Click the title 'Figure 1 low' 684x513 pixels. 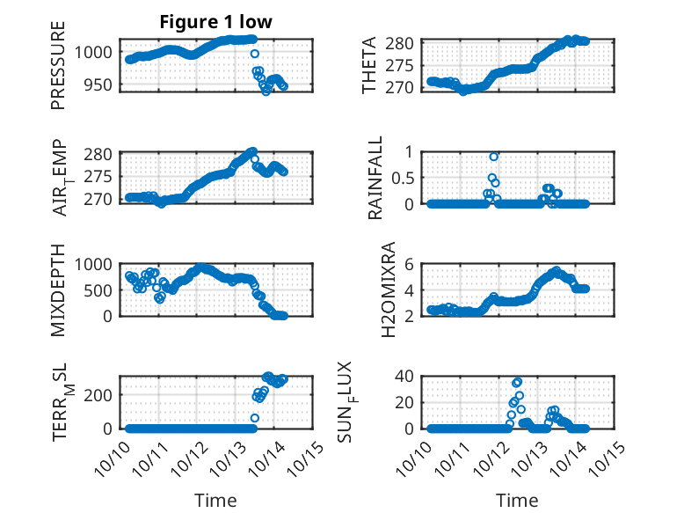point(216,23)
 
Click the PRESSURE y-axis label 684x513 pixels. point(58,71)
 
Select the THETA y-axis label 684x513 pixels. point(369,66)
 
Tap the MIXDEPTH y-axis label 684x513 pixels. point(58,290)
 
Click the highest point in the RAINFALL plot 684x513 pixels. point(494,157)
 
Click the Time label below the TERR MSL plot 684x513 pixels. point(216,500)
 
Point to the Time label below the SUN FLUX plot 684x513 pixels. point(518,500)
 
